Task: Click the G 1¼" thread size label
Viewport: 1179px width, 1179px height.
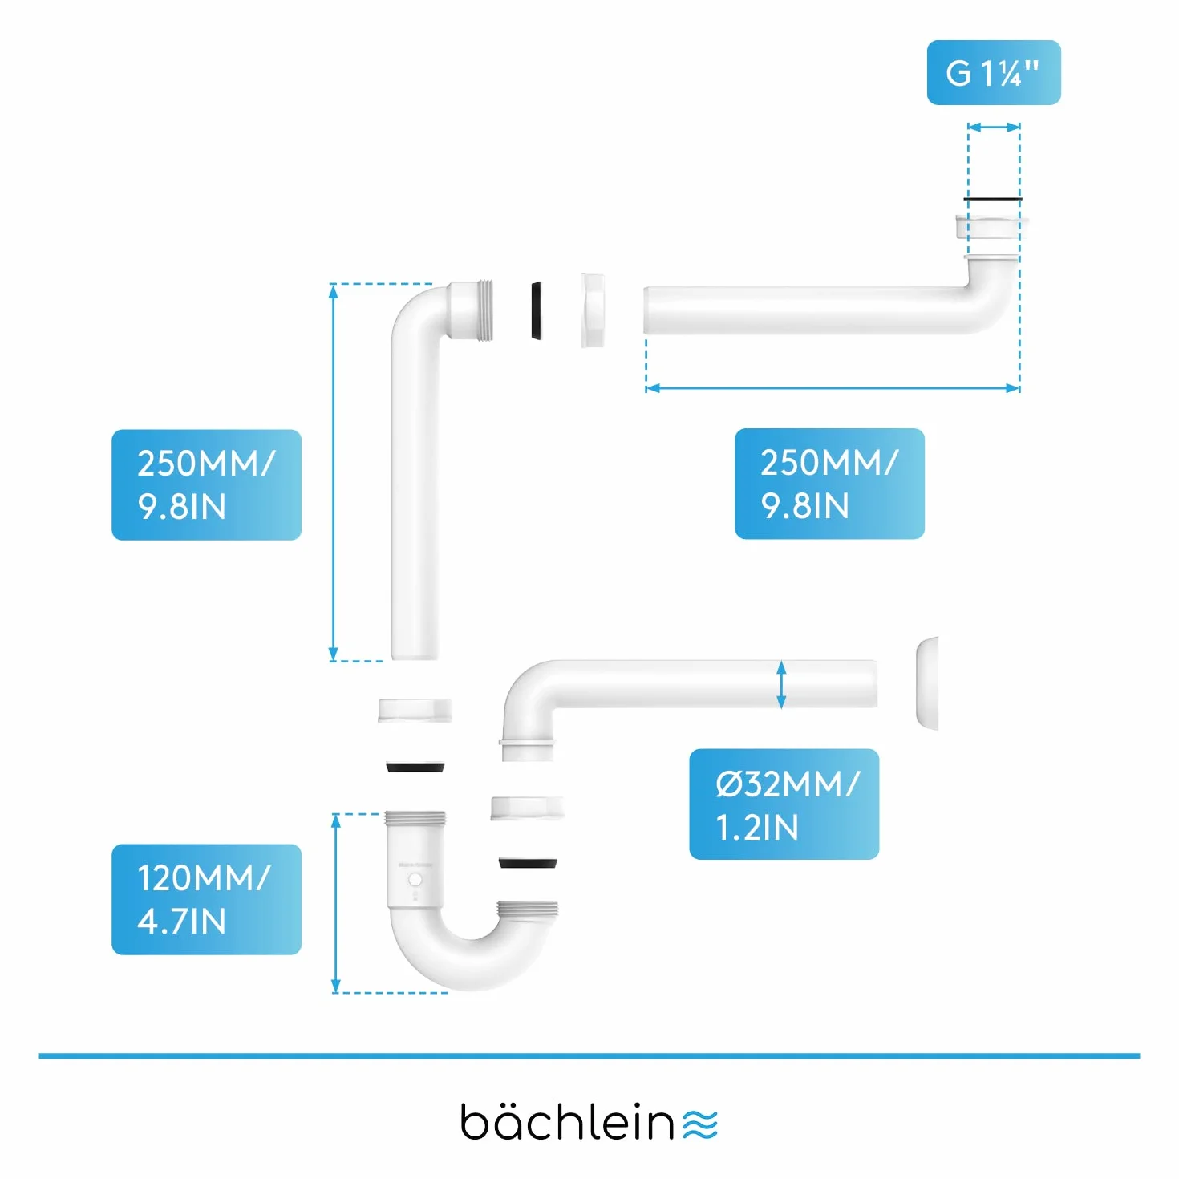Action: click(x=993, y=73)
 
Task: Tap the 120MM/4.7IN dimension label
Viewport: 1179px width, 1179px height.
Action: click(x=206, y=899)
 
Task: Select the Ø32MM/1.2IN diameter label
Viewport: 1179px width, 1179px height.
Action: click(x=784, y=804)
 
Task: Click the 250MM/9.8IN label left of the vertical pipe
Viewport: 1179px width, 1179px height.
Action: click(x=206, y=484)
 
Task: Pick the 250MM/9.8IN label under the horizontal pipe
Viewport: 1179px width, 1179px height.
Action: click(x=829, y=484)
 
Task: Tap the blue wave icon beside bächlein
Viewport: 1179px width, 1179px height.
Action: click(x=699, y=1124)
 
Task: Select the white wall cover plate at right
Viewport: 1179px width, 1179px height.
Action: click(x=927, y=683)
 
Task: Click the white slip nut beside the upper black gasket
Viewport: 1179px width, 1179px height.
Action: click(x=592, y=311)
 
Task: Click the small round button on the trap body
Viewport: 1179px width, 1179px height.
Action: click(x=415, y=881)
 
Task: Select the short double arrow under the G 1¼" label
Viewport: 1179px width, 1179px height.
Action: click(x=994, y=128)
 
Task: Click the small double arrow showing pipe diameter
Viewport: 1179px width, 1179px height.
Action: click(x=781, y=685)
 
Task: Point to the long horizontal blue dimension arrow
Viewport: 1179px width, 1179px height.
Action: click(x=833, y=388)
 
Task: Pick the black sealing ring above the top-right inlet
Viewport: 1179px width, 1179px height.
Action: click(x=992, y=199)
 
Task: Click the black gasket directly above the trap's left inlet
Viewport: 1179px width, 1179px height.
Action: click(x=415, y=767)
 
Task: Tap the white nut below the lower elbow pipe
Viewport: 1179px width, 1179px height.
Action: click(x=528, y=808)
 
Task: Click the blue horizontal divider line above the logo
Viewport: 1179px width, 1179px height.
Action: click(x=589, y=1056)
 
